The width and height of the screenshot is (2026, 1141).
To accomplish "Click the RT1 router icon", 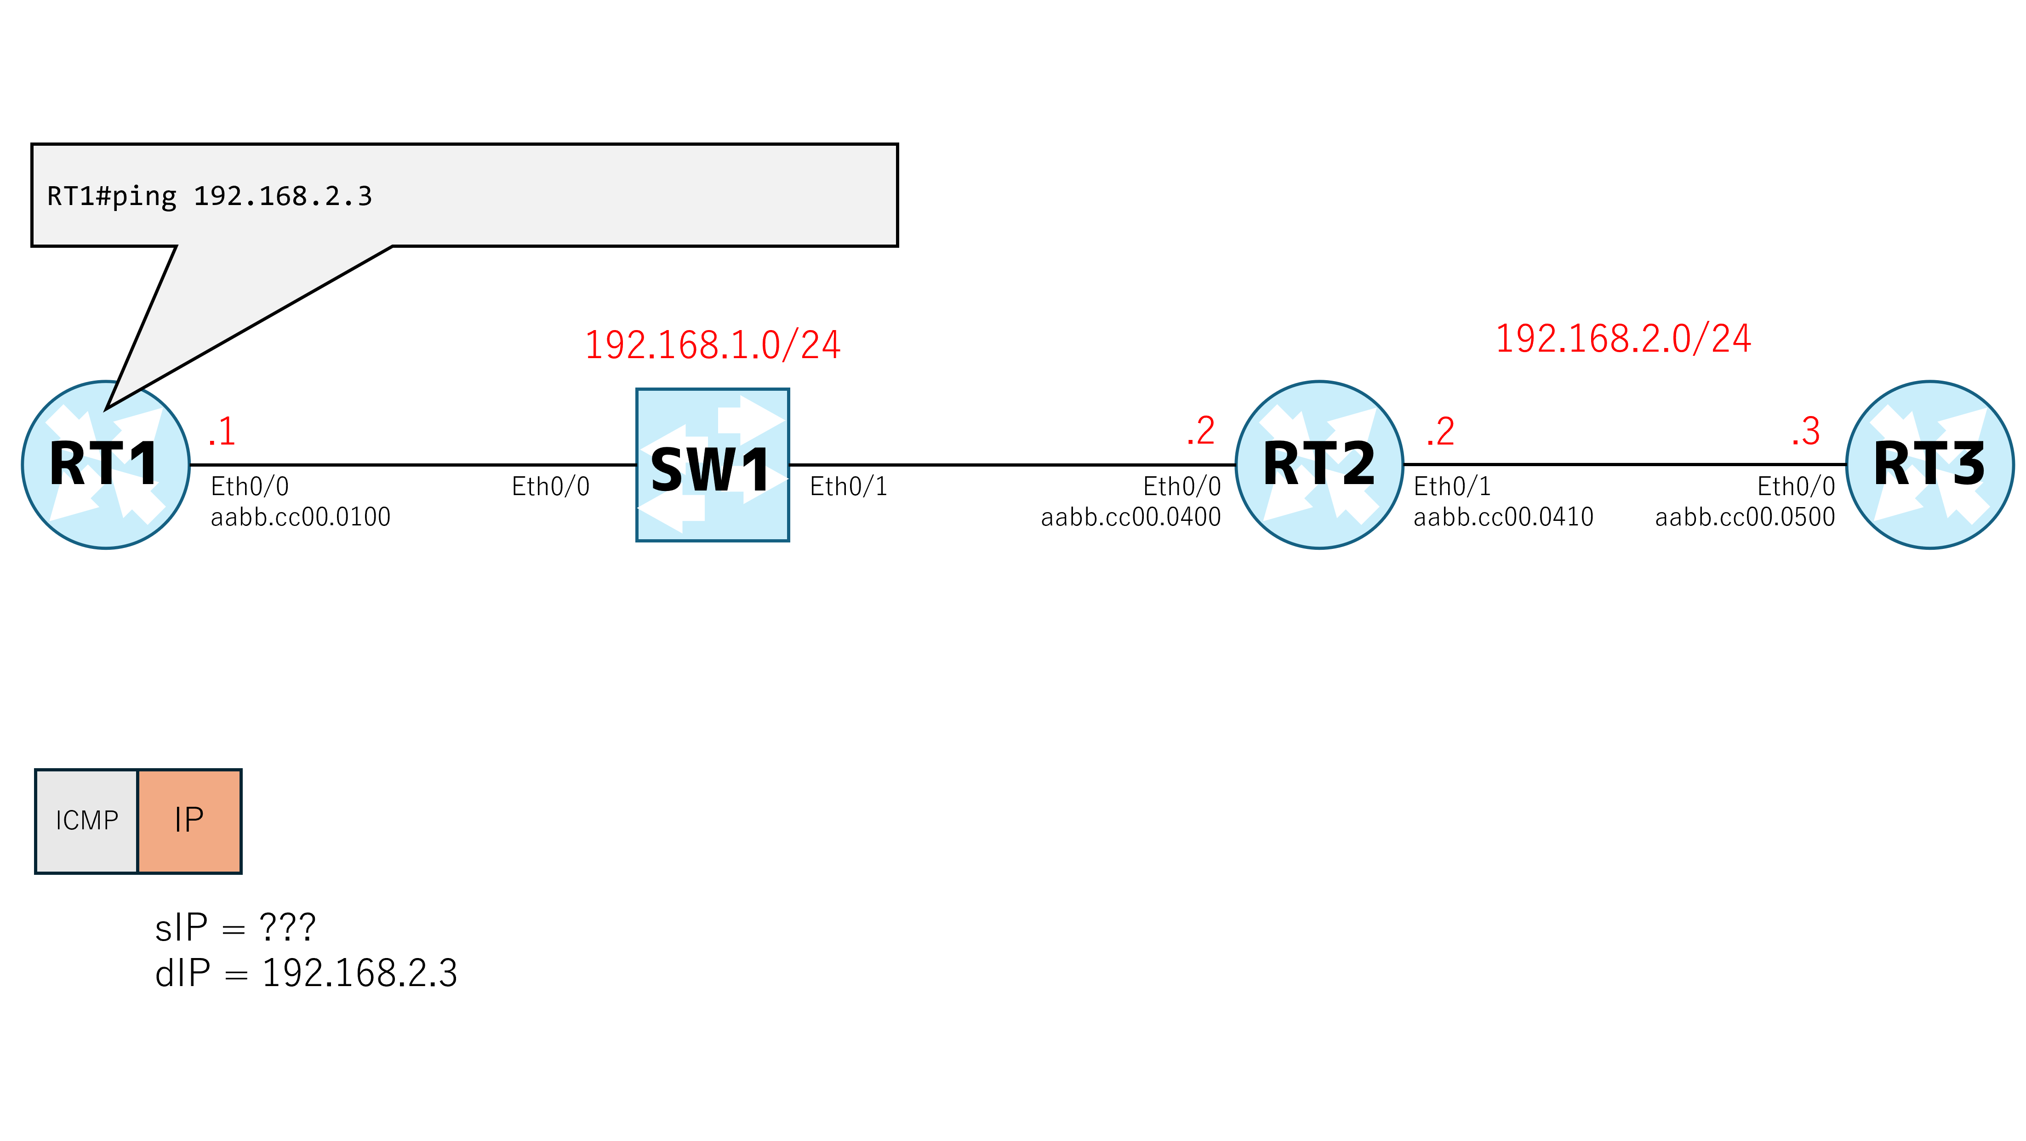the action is tap(105, 465).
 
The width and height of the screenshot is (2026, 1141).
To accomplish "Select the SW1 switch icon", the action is tap(713, 465).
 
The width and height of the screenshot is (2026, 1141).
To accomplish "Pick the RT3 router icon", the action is tap(1929, 465).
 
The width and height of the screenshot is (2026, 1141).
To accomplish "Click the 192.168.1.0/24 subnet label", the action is tap(713, 345).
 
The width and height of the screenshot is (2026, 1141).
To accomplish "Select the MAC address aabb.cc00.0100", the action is tap(301, 517).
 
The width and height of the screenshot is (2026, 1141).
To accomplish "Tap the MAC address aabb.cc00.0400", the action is tap(1131, 517).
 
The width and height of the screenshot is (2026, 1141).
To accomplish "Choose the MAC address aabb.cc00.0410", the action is tap(1503, 517).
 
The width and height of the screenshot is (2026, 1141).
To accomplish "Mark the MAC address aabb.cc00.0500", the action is tap(1745, 517).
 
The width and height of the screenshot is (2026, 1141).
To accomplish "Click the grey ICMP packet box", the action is tap(86, 821).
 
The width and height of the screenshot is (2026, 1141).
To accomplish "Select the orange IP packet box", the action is tap(189, 821).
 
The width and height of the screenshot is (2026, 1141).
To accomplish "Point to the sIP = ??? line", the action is tap(235, 927).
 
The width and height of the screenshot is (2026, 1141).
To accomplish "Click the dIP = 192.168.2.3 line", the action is tap(306, 973).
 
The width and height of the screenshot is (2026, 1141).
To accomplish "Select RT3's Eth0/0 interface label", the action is tap(1796, 487).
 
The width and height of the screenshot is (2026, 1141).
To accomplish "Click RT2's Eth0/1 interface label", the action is tap(1452, 487).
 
